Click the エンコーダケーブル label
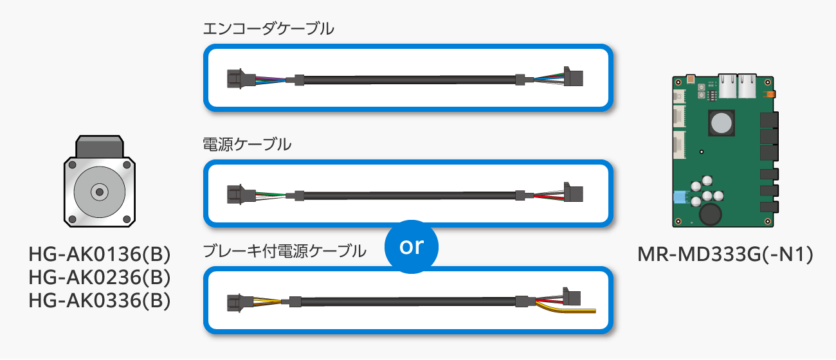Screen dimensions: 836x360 [x=268, y=29]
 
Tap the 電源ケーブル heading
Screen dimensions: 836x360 [x=247, y=145]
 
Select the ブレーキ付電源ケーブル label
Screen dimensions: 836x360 [x=284, y=251]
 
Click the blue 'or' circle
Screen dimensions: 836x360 [x=412, y=247]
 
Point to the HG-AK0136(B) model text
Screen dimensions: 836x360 [x=100, y=254]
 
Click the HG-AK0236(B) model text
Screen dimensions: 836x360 [x=100, y=277]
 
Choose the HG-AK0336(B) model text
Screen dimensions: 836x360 [x=100, y=300]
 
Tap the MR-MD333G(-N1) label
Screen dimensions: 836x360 [x=725, y=255]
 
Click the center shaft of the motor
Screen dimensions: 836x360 [x=100, y=192]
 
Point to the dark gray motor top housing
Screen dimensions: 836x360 [x=100, y=147]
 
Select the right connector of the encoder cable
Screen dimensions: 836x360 [x=573, y=77]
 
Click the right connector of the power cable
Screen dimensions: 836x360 [x=573, y=192]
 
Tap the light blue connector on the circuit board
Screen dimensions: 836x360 [x=682, y=197]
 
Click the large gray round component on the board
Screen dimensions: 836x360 [x=722, y=123]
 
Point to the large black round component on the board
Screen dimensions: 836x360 [x=710, y=215]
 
